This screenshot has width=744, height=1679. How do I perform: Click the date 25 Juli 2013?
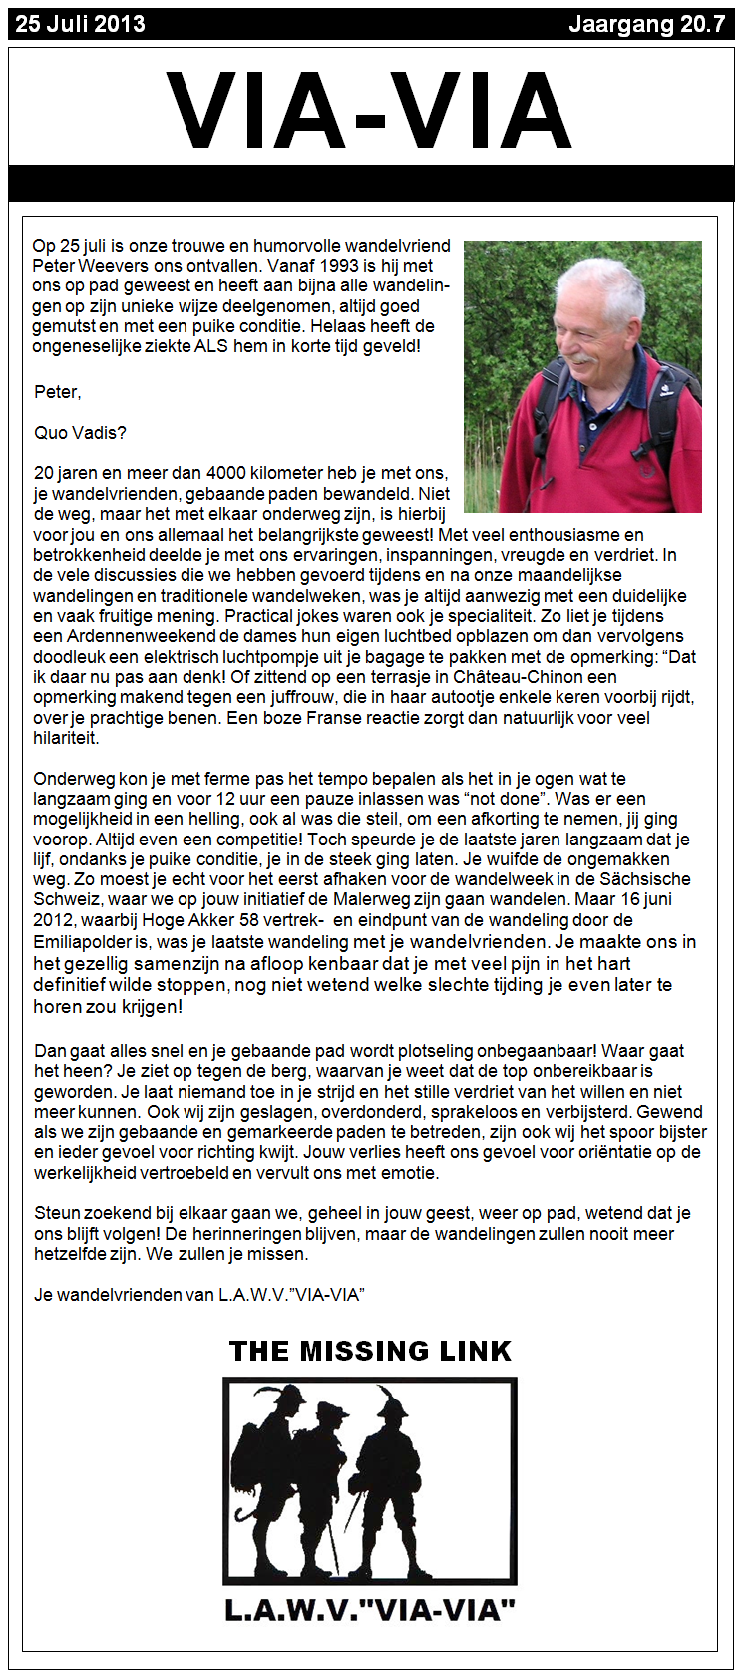80,24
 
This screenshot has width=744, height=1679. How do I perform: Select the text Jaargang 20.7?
646,24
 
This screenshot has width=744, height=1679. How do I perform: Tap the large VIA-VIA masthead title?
370,112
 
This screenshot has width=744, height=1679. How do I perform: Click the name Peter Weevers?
84,266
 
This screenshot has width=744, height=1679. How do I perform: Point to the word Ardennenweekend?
128,636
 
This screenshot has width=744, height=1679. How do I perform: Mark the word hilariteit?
66,738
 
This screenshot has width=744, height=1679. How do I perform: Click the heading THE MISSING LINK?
370,1351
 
